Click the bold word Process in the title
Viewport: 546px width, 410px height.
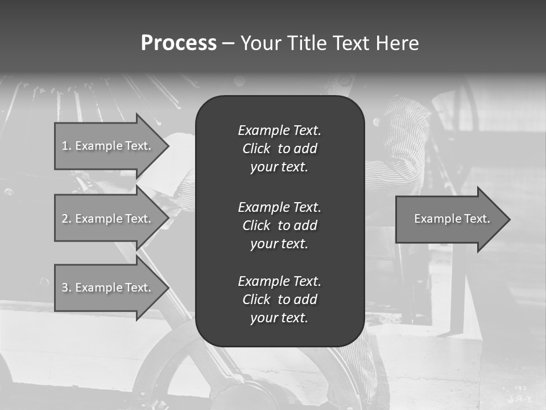[179, 43]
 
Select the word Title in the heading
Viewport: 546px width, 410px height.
[307, 43]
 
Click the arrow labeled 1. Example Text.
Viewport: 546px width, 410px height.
[108, 146]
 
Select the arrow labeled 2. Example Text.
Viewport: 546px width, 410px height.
[108, 219]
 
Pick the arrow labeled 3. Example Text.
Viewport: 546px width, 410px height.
[108, 288]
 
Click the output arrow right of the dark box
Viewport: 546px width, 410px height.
[449, 219]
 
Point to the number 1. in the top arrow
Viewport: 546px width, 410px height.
[67, 146]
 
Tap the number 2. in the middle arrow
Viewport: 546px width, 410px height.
[67, 219]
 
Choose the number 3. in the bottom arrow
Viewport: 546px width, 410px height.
[67, 288]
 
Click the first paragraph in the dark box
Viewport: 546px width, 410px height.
[279, 149]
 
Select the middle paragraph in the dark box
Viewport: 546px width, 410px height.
[279, 225]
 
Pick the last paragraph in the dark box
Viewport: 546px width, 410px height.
[279, 300]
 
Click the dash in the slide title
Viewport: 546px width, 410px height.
[228, 43]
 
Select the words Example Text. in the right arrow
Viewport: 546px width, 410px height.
[452, 219]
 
